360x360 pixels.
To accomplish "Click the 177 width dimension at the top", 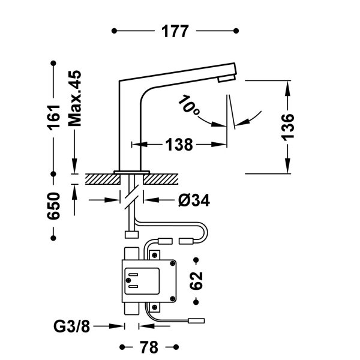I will (x=175, y=31).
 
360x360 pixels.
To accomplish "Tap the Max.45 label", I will (x=74, y=98).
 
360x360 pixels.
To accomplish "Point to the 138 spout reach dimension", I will (x=179, y=145).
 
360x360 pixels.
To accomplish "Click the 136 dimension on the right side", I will (x=289, y=127).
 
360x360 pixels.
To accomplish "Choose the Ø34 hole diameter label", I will (x=193, y=200).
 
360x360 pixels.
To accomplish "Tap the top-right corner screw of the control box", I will (x=173, y=265).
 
